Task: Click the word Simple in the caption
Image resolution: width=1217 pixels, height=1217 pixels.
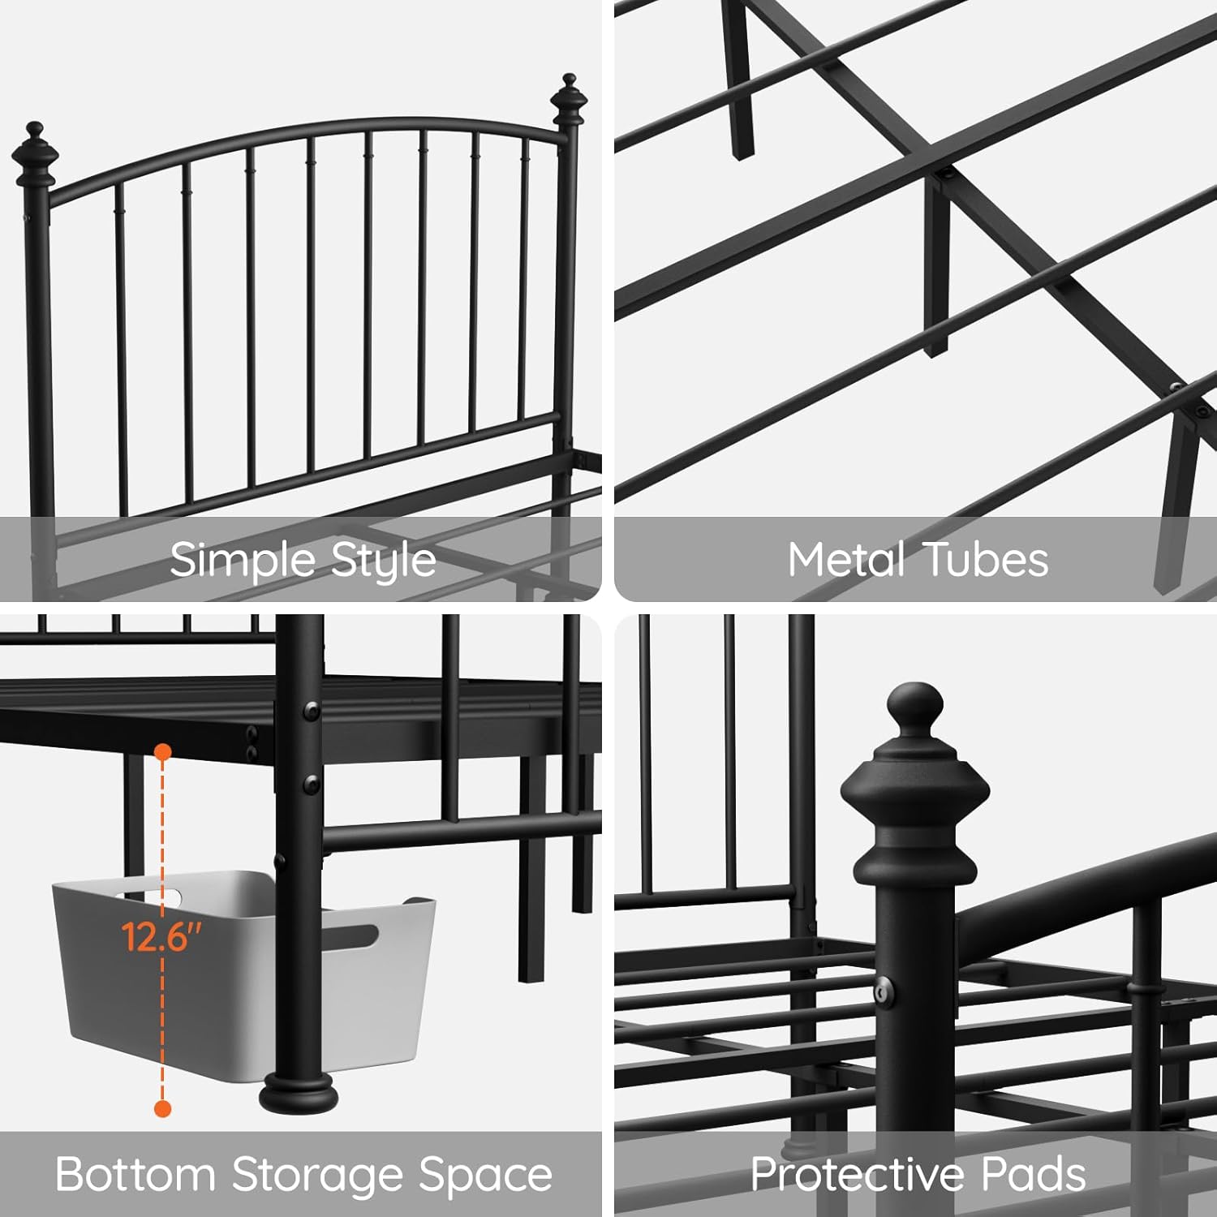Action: point(243,560)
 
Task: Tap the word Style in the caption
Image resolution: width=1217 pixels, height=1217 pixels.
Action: point(384,560)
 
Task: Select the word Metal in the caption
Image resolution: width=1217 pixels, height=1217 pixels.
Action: point(846,560)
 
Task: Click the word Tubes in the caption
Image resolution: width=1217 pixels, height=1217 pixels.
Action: point(986,560)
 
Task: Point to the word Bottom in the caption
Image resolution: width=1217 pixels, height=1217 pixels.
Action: point(135,1174)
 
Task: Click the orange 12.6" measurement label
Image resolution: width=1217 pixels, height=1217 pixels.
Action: point(161,937)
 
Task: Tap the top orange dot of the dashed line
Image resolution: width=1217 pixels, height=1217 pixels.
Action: point(163,752)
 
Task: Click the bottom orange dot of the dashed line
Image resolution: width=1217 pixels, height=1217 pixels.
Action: point(163,1108)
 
